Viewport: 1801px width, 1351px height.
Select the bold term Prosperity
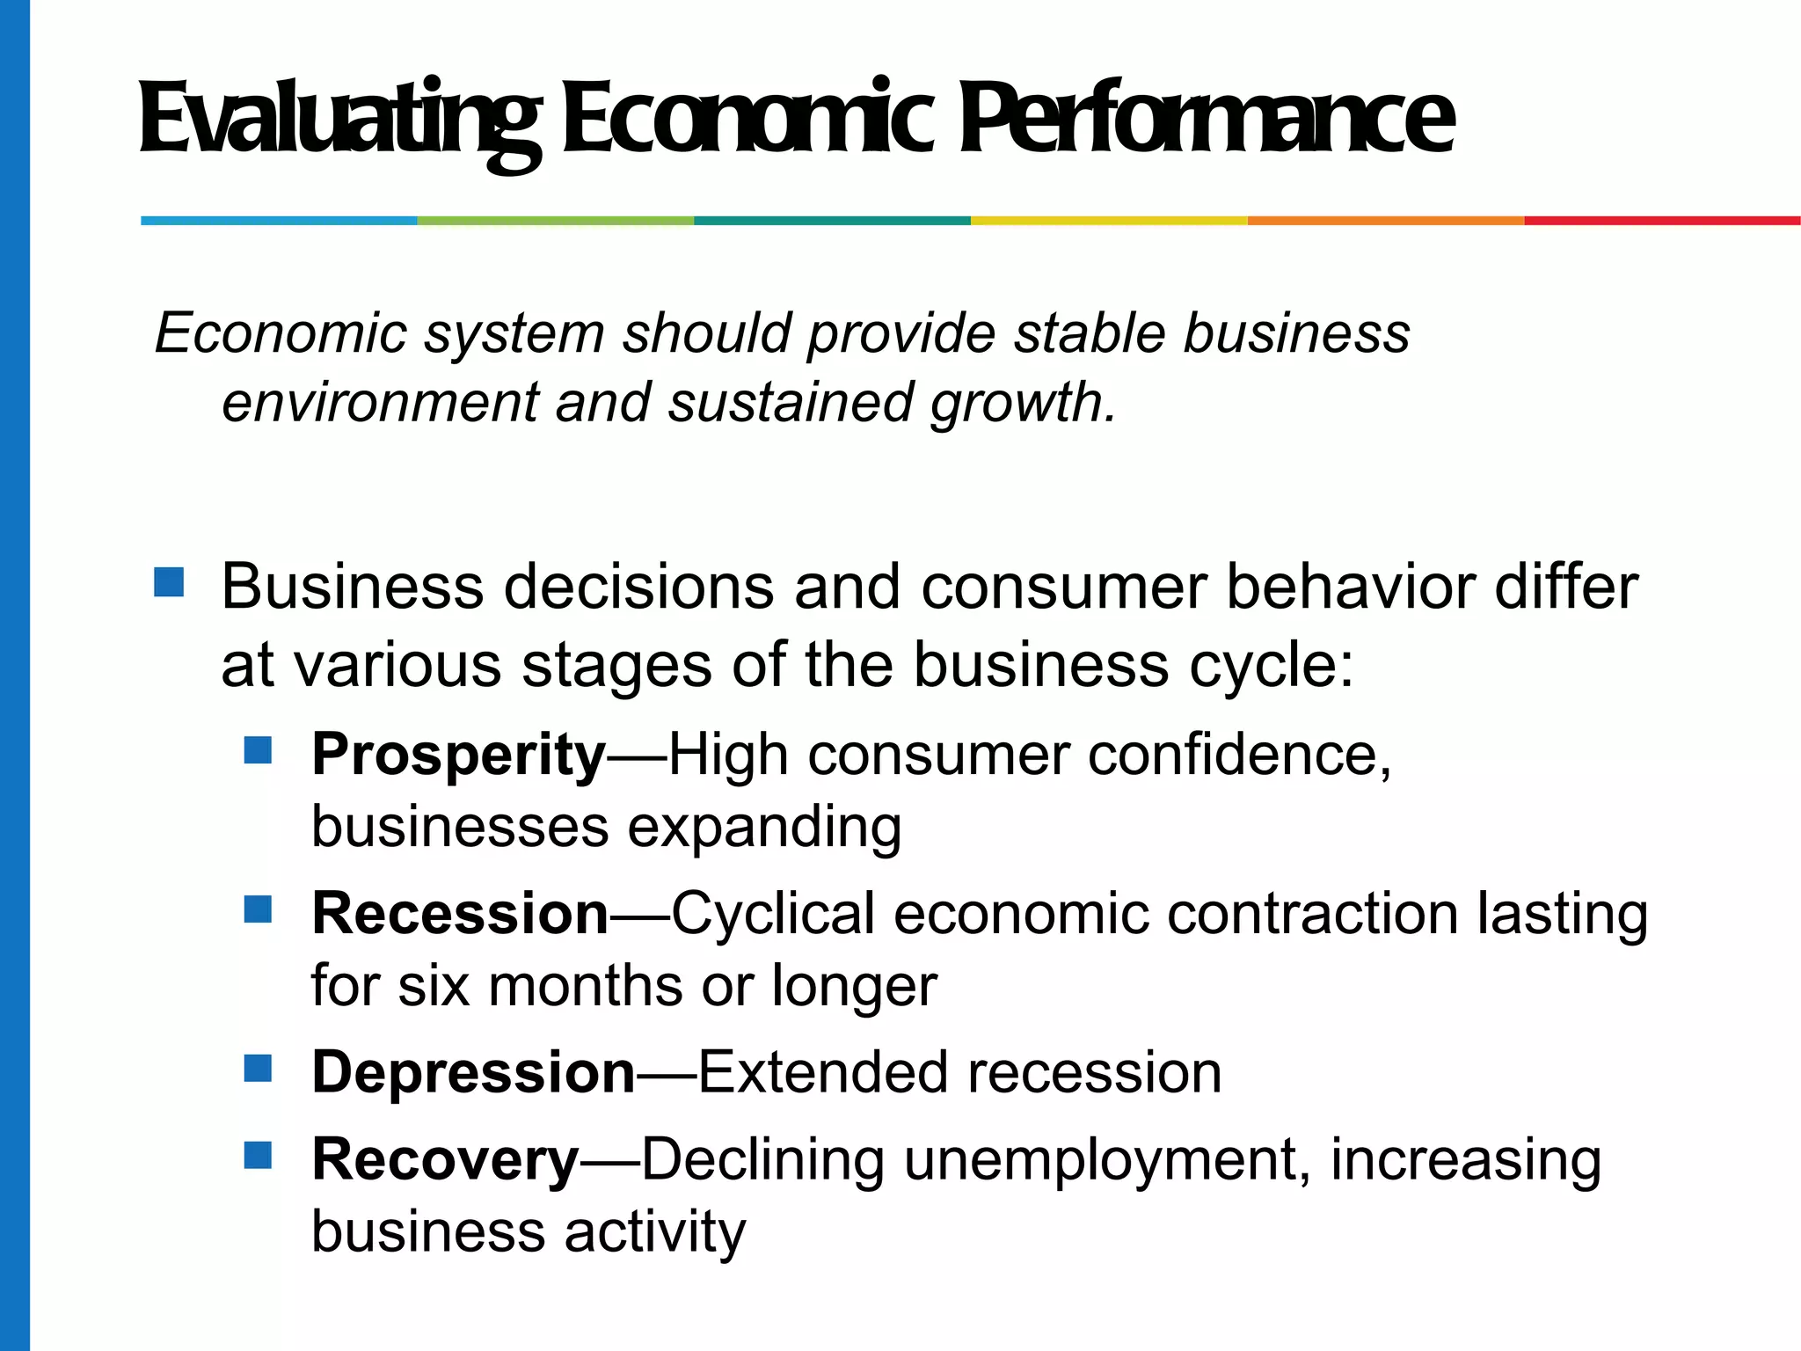pos(458,755)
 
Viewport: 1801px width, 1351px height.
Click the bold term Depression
pos(473,1072)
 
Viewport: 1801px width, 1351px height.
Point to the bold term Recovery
pos(445,1159)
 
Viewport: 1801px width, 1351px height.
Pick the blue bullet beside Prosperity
pos(258,750)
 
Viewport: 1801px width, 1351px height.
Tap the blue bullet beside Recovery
pos(258,1155)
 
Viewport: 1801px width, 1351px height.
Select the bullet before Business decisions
pos(169,582)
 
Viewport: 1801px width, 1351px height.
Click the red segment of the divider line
pos(1662,221)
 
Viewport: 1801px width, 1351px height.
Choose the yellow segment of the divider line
pos(1109,221)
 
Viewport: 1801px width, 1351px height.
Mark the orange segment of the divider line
pos(1385,221)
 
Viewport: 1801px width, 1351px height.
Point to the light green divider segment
pos(556,221)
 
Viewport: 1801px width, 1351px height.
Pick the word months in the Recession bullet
pos(586,985)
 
